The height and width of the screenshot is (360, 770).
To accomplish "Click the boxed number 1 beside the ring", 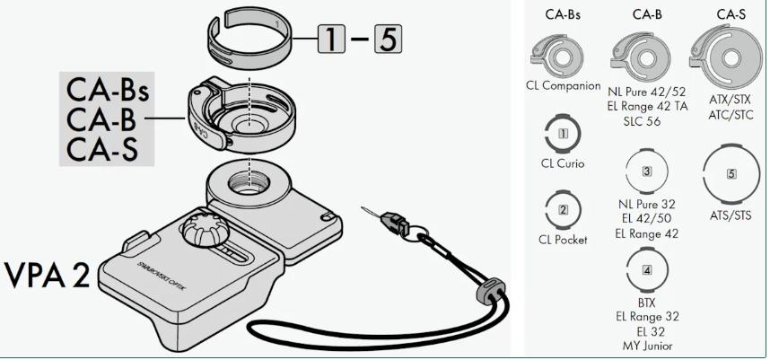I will (x=334, y=39).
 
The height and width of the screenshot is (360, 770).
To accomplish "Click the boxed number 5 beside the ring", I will (x=386, y=39).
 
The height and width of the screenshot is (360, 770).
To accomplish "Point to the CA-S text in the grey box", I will (x=101, y=148).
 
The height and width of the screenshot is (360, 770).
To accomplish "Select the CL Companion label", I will (x=564, y=86).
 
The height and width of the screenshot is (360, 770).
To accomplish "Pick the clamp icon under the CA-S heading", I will (x=730, y=55).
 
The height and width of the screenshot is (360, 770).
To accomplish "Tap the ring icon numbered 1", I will (x=564, y=134).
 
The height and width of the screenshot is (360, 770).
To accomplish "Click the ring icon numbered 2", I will (x=564, y=211).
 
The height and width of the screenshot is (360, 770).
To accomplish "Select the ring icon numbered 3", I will (x=646, y=171).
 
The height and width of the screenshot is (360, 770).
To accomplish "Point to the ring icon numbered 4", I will (x=646, y=270).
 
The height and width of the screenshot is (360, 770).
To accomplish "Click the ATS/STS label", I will (x=731, y=215).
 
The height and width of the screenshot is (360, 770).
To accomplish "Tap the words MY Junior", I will (x=646, y=346).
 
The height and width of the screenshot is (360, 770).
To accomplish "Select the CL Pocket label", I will (x=564, y=241).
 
